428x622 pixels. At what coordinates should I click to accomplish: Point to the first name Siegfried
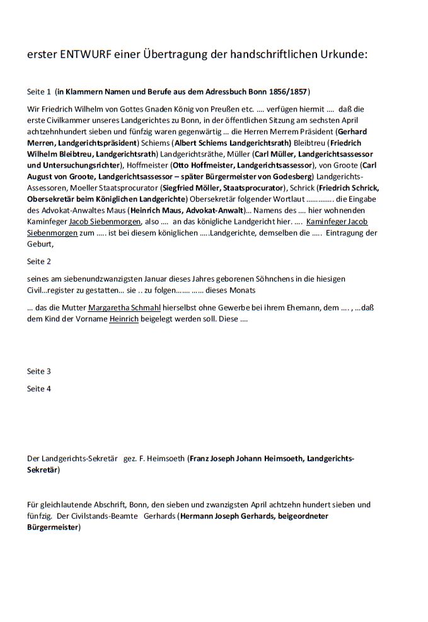coord(180,188)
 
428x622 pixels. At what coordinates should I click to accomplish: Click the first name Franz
coord(200,459)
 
